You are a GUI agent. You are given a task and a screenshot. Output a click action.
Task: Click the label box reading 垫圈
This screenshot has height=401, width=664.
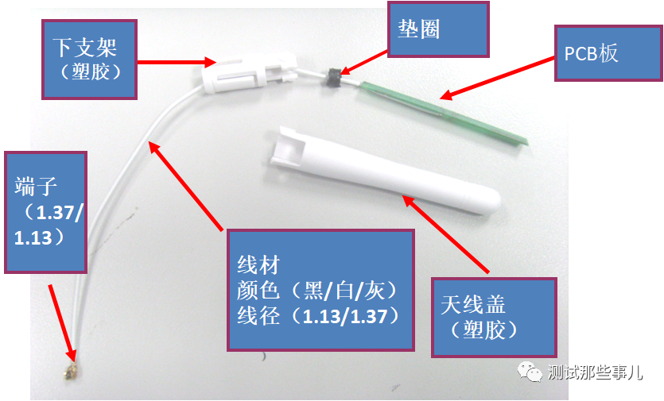click(438, 29)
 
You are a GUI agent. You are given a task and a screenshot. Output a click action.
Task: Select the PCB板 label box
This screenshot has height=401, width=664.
click(608, 53)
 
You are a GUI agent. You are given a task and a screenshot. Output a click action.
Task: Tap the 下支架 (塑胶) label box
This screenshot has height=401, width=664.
click(89, 60)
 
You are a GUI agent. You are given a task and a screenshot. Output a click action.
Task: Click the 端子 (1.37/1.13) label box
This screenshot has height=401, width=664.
click(46, 212)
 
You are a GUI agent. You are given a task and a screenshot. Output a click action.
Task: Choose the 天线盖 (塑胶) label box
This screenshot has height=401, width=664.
click(494, 318)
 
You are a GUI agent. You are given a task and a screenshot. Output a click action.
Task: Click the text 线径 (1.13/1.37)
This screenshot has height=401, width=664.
click(318, 316)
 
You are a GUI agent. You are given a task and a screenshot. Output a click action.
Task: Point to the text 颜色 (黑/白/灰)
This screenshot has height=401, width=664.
click(317, 291)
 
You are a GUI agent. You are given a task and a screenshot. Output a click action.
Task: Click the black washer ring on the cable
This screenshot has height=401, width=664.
click(333, 77)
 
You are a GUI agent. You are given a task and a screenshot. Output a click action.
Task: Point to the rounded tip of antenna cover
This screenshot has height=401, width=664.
click(491, 202)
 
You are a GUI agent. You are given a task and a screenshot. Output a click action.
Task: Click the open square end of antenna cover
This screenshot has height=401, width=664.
click(289, 148)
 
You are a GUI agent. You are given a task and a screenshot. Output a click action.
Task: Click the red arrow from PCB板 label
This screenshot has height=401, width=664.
click(497, 79)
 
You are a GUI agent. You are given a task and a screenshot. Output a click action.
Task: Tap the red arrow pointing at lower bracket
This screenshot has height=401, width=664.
click(177, 62)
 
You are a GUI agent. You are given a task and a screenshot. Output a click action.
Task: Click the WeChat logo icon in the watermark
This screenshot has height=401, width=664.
click(530, 372)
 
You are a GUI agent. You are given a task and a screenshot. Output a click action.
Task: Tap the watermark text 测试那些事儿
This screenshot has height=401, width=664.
click(595, 372)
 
